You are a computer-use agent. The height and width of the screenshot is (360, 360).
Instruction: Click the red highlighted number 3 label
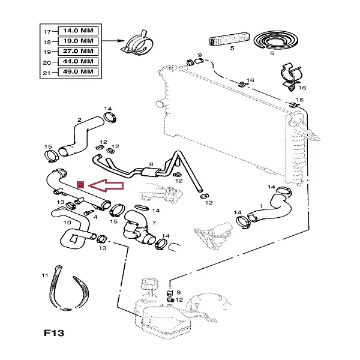point(81,185)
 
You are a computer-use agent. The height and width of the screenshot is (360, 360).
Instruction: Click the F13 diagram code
point(53,333)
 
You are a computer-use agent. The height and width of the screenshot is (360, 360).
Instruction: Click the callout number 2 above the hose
point(79,120)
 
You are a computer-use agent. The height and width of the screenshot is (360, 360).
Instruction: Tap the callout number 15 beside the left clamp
point(49,146)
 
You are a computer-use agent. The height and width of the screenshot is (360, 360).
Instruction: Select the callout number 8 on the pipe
point(151,164)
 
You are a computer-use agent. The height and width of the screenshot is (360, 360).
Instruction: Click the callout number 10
point(59,223)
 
